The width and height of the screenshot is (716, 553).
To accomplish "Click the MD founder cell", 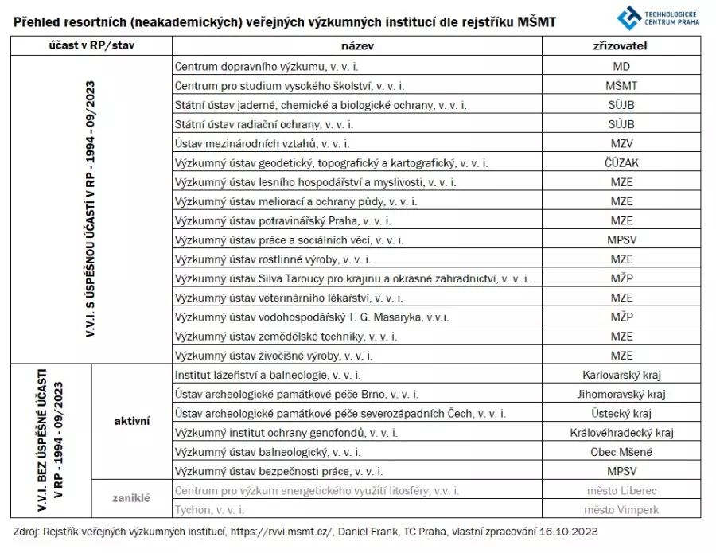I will [622, 67].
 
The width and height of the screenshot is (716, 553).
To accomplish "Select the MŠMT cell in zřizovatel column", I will [622, 86].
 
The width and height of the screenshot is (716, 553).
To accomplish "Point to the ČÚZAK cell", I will [622, 163].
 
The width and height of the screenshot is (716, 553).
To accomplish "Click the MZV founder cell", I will [622, 144].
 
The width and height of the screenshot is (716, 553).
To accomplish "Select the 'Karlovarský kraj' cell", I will [622, 375].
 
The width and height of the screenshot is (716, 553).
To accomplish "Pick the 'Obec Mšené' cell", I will [622, 452].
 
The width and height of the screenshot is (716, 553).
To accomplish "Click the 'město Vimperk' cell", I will [622, 509].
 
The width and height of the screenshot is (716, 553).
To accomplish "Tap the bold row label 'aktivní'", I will [132, 422].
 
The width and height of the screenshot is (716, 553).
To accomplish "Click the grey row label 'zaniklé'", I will [132, 499].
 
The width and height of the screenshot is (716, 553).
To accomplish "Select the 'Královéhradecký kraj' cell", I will [622, 433].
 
